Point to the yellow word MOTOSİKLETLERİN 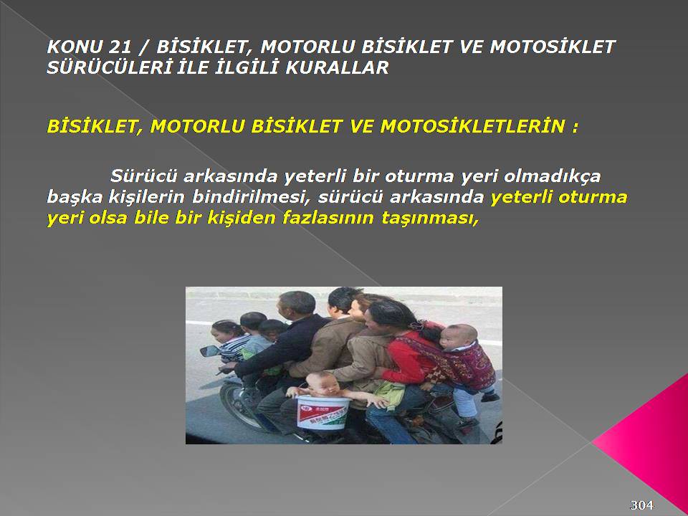tap(473, 126)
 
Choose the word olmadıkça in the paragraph tap(552, 176)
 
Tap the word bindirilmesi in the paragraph tap(248, 196)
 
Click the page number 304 tap(641, 505)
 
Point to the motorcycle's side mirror tap(210, 351)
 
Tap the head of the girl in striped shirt tap(225, 332)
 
